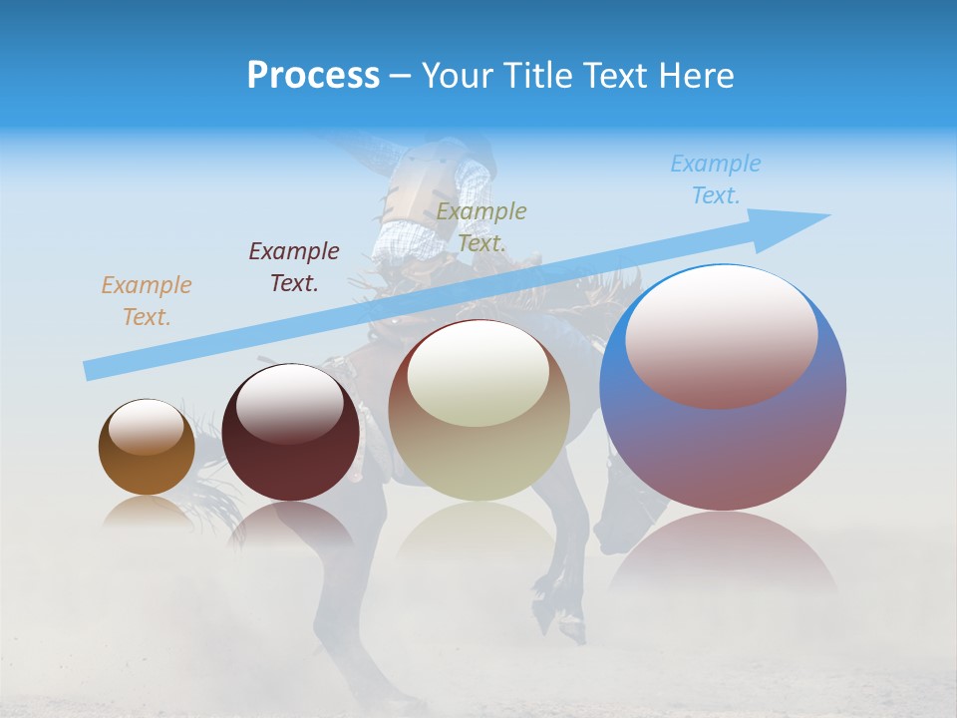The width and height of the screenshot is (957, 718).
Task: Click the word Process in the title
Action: (313, 76)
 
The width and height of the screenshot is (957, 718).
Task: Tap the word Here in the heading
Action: (695, 76)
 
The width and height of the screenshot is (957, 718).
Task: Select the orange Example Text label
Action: (147, 301)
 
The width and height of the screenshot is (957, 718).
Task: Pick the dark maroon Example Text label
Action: (294, 267)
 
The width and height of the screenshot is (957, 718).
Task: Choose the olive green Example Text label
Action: (481, 227)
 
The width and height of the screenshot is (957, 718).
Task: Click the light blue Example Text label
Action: (716, 179)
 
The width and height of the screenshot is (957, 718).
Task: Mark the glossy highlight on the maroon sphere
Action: (290, 403)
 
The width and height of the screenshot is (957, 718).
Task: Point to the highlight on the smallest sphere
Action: (146, 427)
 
